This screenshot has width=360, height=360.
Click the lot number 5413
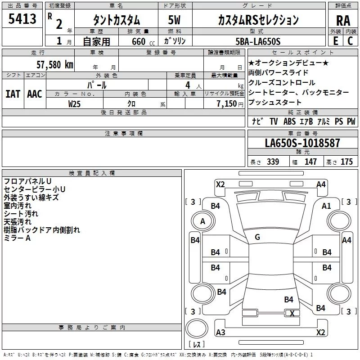tap(22, 19)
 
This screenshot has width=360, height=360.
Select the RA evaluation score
tap(343, 21)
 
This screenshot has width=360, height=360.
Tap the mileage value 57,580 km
tap(55, 64)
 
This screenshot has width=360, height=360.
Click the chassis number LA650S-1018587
tap(302, 143)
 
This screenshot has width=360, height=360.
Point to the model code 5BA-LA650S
tap(258, 41)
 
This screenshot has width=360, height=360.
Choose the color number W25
tap(74, 104)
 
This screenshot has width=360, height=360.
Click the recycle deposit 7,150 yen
tap(230, 104)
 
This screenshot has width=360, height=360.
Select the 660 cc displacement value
tap(143, 41)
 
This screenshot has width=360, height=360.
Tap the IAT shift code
tap(13, 94)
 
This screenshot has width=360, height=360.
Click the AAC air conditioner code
tap(35, 94)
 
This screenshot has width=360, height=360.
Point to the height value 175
tap(346, 162)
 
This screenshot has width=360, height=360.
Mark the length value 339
tap(273, 162)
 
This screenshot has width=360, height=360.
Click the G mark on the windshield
tap(257, 237)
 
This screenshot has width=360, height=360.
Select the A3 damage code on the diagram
tap(220, 332)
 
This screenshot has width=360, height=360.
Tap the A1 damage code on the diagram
tap(326, 206)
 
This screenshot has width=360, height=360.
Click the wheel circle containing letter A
tap(203, 221)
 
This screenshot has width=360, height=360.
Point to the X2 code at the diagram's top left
tap(220, 184)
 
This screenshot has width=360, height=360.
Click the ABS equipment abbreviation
tap(289, 121)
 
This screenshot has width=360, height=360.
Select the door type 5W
tap(174, 20)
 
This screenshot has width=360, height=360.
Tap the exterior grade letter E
tap(336, 41)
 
